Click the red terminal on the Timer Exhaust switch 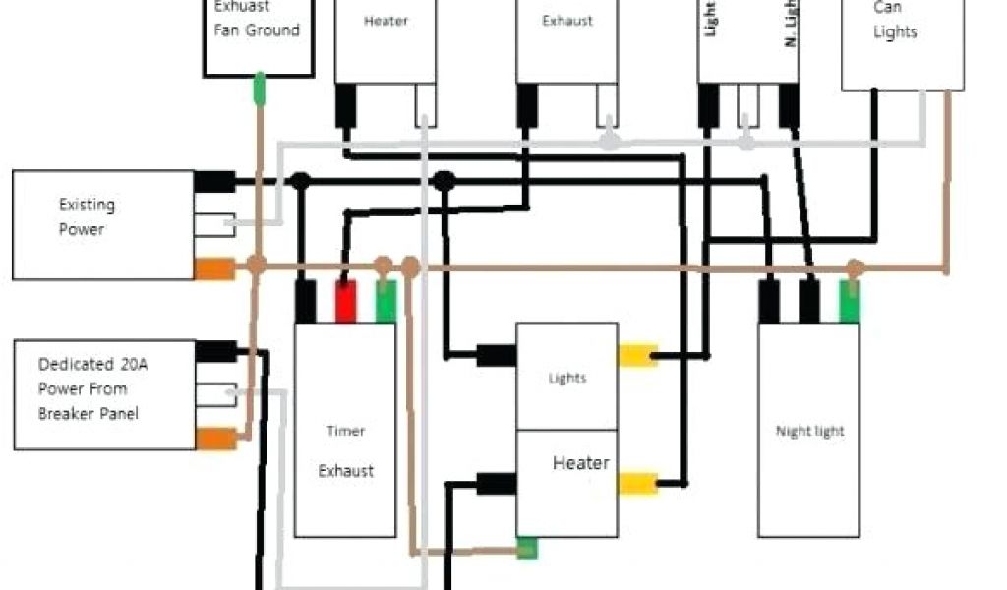click(x=345, y=301)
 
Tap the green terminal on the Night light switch click(x=849, y=301)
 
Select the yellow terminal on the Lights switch click(x=636, y=356)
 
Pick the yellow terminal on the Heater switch click(x=636, y=483)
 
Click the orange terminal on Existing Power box click(x=213, y=267)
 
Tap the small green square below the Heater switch click(x=527, y=549)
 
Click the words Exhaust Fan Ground click(x=257, y=20)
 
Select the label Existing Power click(x=87, y=216)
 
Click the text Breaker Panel click(x=89, y=413)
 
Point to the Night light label click(x=809, y=431)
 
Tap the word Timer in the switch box click(x=345, y=431)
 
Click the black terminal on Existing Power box click(x=214, y=181)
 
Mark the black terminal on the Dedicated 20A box click(x=216, y=351)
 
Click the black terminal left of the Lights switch click(x=497, y=354)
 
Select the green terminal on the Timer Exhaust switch click(x=385, y=301)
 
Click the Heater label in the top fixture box click(x=385, y=21)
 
